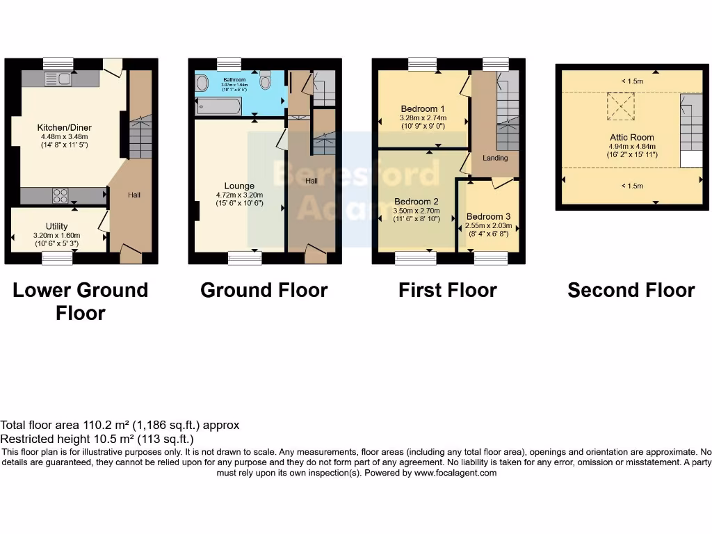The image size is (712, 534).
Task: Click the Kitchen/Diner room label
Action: coord(64,128)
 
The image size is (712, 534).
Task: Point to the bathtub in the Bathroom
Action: coord(220,106)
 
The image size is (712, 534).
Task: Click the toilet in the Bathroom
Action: coord(265,82)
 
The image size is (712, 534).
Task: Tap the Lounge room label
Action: coord(239,186)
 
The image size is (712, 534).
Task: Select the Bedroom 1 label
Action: coord(423,109)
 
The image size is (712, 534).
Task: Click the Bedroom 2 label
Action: coord(416,202)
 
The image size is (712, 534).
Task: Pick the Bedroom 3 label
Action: coord(488,217)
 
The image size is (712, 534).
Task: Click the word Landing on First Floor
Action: coord(495,158)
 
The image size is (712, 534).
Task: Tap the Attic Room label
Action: coord(632,138)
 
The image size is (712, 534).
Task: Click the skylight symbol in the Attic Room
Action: coord(621,106)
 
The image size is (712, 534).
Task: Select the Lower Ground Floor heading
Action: coord(81,301)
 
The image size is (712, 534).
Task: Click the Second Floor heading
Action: coord(631,290)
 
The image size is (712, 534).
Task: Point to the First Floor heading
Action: coord(448,290)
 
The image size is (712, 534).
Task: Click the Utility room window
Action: coord(57,258)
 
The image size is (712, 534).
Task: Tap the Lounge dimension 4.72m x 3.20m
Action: coord(239,195)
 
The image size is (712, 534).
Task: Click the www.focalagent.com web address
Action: coord(455,473)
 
